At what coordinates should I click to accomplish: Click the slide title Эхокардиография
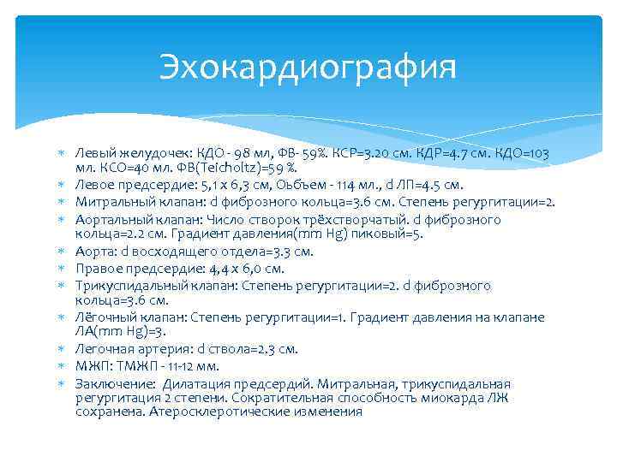click(308, 67)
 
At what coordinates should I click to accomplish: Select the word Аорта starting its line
click(93, 251)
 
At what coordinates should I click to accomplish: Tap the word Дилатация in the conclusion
click(199, 382)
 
